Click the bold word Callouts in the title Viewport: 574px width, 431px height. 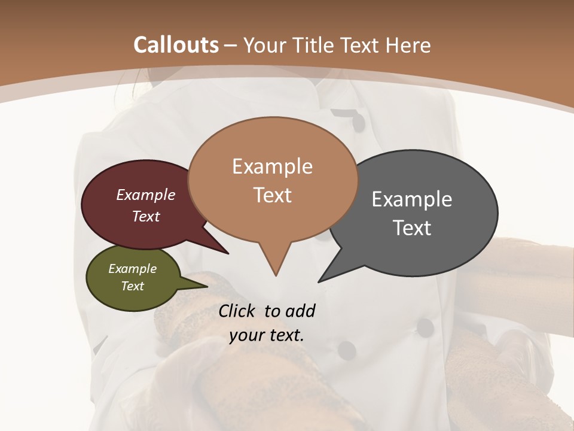(176, 45)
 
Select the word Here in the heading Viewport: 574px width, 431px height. (410, 45)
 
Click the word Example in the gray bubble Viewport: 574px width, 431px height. (412, 199)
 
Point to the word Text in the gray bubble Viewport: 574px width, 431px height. (412, 227)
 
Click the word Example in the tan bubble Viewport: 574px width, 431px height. (272, 166)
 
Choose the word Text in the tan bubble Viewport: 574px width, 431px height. (272, 195)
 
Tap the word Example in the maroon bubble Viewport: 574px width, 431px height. (146, 195)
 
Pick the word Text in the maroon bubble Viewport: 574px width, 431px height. (146, 216)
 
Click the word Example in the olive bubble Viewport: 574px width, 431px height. (132, 269)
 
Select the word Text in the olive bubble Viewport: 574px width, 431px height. (132, 286)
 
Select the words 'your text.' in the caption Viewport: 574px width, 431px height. (267, 335)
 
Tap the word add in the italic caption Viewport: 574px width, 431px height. (300, 311)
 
